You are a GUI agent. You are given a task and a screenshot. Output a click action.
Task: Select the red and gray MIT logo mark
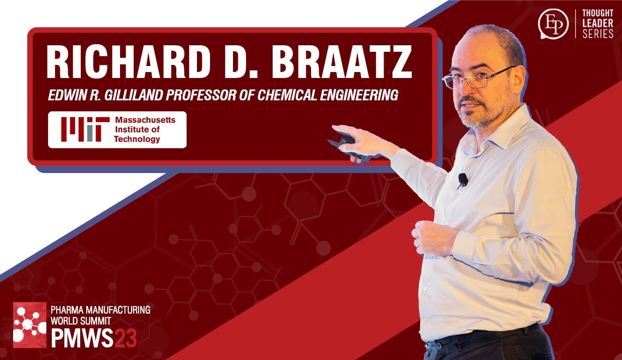[81, 129]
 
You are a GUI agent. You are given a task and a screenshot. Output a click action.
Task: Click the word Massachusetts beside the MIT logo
[145, 119]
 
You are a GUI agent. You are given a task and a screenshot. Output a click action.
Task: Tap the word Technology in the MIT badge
[136, 139]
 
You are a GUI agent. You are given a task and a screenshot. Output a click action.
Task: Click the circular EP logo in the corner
[553, 24]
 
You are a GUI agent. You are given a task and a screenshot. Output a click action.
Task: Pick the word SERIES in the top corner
[598, 34]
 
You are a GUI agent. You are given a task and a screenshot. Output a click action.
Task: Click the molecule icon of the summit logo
[29, 325]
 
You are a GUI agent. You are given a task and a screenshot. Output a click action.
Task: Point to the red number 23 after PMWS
[125, 338]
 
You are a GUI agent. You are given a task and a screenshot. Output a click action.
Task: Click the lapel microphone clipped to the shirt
[463, 179]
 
